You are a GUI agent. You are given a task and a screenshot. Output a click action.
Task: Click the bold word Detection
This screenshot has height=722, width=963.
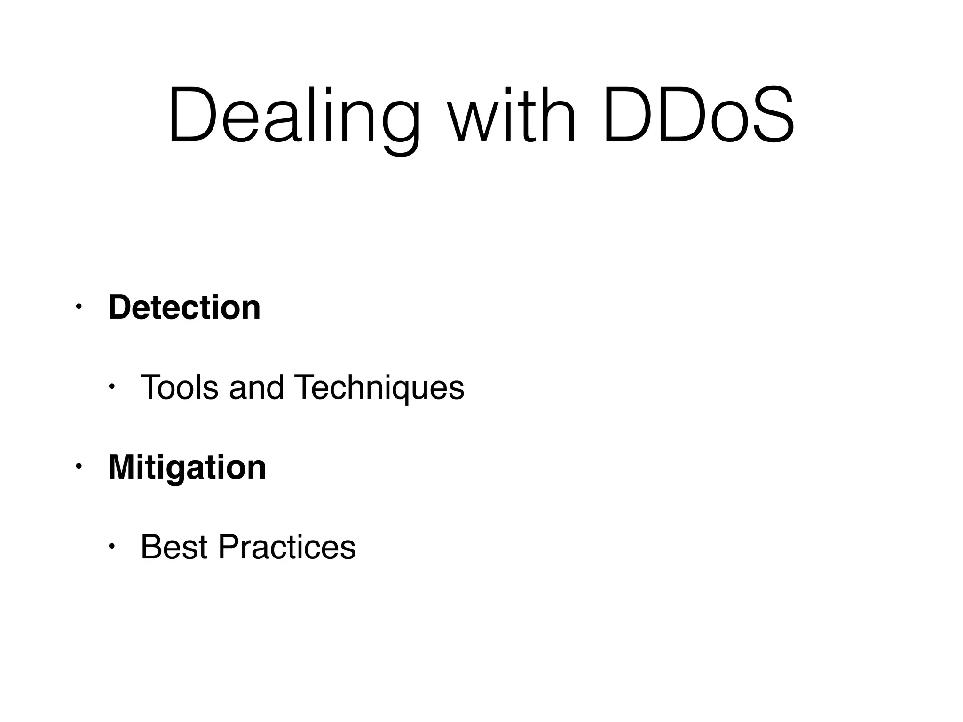point(184,307)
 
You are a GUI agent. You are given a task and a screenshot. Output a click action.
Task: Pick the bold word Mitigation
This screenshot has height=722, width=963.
point(187,467)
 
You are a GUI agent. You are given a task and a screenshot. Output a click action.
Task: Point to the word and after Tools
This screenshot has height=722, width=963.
point(256,387)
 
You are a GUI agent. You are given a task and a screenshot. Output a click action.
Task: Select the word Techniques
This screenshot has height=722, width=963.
point(379,388)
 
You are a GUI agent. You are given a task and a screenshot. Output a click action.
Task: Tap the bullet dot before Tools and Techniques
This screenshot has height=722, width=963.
point(111,387)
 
